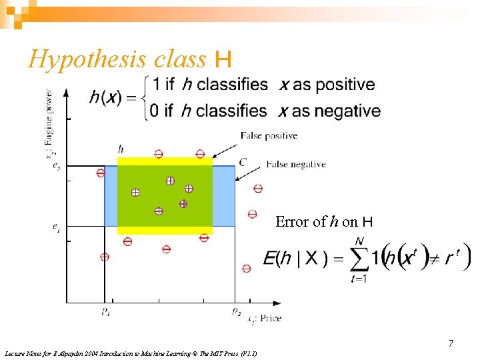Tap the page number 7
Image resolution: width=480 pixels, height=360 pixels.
pos(451,343)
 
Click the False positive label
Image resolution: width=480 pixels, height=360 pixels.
pos(269,136)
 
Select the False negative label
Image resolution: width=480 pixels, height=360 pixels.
pos(296,164)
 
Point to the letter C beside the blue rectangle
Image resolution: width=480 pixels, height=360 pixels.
pos(242,161)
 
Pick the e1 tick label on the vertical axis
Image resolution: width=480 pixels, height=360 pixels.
pos(57,227)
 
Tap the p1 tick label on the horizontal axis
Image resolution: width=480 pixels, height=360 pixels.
pos(106,311)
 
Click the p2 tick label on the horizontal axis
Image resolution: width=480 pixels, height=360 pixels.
pos(236,311)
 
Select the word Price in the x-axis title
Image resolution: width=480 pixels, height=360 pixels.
pos(270,319)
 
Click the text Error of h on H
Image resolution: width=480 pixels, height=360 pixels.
pos(324,222)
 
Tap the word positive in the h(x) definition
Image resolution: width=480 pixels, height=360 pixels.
pos(344,85)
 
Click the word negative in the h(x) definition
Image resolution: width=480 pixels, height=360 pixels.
pos(347,111)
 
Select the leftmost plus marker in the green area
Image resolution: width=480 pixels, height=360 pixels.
pos(135,192)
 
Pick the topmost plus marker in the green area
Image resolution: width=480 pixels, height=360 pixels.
pos(170,180)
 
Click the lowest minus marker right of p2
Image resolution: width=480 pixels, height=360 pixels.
pos(247,268)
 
